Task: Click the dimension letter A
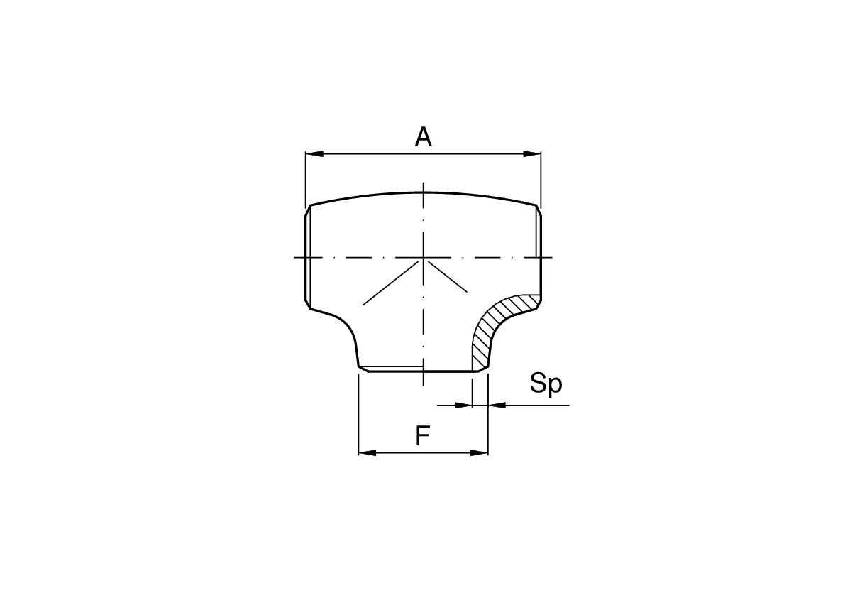coord(423,136)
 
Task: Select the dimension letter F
coord(423,435)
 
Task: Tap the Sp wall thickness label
coord(546,384)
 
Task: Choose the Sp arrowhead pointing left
coord(497,405)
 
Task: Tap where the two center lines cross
coord(424,257)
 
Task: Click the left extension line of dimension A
coord(305,178)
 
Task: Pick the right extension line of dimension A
coord(541,178)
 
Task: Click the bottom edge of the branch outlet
coord(423,371)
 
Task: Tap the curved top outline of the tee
coord(424,192)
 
